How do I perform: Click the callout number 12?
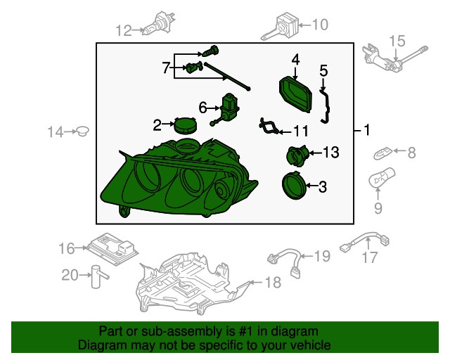(x=124, y=30)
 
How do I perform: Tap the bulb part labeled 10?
(x=279, y=27)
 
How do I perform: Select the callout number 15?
(x=397, y=41)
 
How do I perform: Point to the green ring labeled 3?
(x=294, y=186)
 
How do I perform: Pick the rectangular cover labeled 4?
(x=295, y=94)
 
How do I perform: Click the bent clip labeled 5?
(x=326, y=106)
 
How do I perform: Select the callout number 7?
(x=166, y=68)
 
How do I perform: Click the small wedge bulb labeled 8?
(x=382, y=153)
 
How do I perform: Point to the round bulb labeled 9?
(x=381, y=179)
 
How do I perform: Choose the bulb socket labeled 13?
(x=297, y=155)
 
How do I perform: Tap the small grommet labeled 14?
(x=82, y=131)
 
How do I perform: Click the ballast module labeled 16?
(x=112, y=249)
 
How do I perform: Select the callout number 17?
(x=370, y=257)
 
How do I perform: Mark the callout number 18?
(x=273, y=283)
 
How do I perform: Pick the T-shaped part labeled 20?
(x=98, y=276)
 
